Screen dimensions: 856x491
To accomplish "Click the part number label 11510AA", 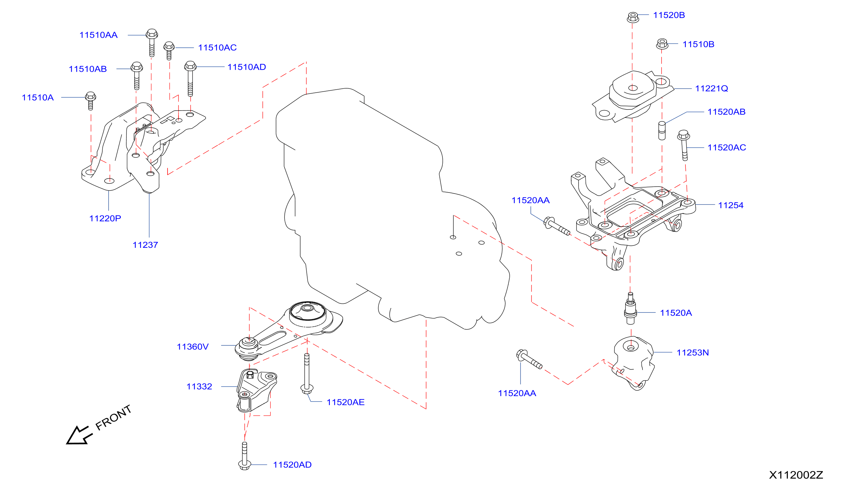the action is tap(98, 35).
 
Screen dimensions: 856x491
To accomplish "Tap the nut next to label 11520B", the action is tap(632, 17).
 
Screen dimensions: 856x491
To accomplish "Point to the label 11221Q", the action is tap(712, 88).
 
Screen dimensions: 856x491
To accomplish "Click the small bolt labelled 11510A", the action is tap(90, 101).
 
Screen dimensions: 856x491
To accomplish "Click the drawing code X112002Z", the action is tap(796, 475).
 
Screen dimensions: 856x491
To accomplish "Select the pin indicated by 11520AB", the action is tap(662, 130).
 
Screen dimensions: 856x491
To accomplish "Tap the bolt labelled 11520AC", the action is tap(684, 145).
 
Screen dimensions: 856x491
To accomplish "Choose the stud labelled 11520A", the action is tap(630, 308).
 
